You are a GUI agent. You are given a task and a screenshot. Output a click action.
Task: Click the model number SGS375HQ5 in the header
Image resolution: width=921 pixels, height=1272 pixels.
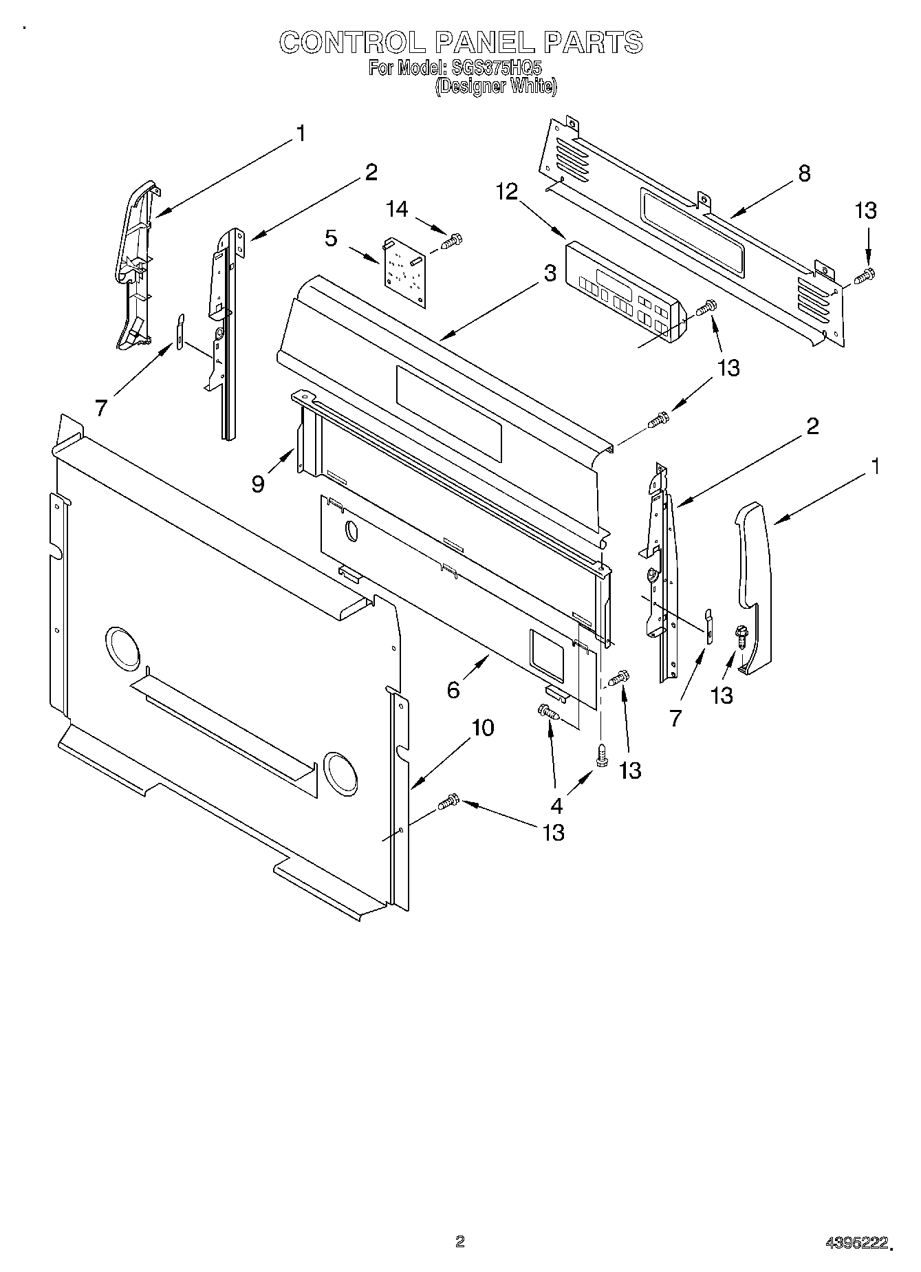[x=494, y=68]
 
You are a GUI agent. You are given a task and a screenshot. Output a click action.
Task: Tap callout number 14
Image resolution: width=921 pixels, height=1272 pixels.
[x=397, y=210]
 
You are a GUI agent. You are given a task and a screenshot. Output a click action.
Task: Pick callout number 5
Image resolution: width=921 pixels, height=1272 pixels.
[x=331, y=239]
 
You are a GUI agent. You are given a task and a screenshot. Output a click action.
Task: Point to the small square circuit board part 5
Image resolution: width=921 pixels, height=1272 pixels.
[x=405, y=272]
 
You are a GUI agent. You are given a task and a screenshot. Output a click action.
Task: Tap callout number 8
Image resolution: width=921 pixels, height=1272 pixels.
[x=804, y=173]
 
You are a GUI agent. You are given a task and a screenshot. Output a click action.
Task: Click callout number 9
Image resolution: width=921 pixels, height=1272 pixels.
[x=258, y=484]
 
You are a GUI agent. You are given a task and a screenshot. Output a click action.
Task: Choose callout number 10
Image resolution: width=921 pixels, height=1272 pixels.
[x=483, y=727]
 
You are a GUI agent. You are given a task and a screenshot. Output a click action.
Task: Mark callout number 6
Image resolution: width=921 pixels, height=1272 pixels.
[x=453, y=689]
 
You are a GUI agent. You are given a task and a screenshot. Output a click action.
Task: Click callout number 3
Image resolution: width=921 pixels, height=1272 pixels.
[x=550, y=273]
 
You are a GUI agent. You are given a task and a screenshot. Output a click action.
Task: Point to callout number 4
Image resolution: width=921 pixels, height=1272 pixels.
[x=556, y=806]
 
